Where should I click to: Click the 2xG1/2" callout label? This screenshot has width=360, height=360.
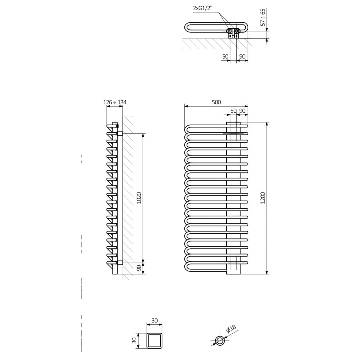[202, 8]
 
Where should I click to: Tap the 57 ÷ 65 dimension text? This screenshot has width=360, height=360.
[263, 17]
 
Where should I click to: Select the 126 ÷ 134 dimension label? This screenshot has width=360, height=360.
[115, 102]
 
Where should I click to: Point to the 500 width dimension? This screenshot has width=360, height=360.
[216, 102]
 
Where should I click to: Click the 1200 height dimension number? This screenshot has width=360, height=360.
[263, 198]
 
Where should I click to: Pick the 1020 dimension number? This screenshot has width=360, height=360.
[139, 198]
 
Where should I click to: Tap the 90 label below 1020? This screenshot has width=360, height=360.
[139, 268]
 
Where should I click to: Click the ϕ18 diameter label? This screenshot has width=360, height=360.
[231, 329]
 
